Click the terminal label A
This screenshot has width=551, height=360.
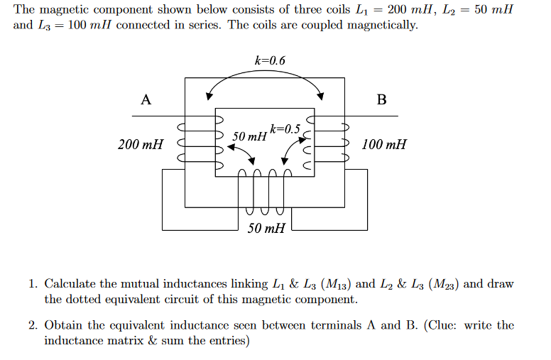click(x=146, y=99)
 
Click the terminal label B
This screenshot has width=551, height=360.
click(x=381, y=99)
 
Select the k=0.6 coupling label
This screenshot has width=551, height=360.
click(x=270, y=60)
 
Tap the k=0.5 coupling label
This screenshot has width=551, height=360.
click(x=285, y=129)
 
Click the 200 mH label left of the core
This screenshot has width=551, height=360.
click(x=141, y=145)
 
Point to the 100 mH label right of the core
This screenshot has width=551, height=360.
click(x=384, y=145)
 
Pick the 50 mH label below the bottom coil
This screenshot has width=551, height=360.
click(x=266, y=228)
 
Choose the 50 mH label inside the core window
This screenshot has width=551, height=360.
click(x=249, y=136)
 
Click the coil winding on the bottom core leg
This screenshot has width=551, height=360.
click(x=264, y=192)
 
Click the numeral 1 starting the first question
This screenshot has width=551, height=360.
click(x=33, y=284)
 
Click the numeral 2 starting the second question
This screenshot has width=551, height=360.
click(x=33, y=325)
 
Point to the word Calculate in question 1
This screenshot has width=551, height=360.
click(x=70, y=284)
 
